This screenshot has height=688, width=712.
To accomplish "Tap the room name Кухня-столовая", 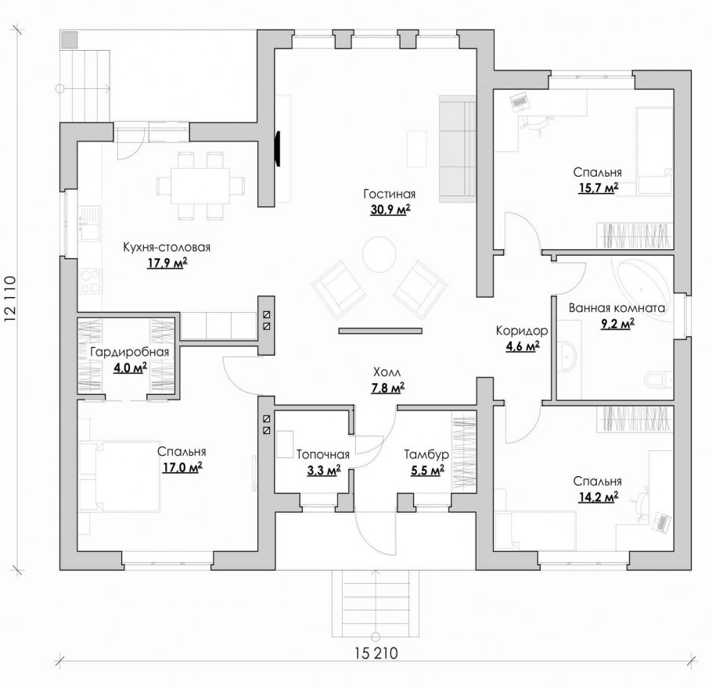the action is [x=167, y=247].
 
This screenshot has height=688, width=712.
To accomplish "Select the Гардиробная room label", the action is [x=130, y=352].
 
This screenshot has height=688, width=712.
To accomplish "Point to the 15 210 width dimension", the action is [x=376, y=654].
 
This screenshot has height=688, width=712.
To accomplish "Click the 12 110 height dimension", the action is [x=10, y=299].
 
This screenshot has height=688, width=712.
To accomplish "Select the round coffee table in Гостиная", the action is [x=379, y=254].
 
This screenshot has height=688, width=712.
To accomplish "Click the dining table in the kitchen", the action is [x=200, y=186].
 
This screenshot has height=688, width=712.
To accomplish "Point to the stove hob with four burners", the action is [x=90, y=281].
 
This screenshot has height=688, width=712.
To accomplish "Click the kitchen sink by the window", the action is [x=89, y=224].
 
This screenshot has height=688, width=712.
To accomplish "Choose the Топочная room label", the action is [x=323, y=455].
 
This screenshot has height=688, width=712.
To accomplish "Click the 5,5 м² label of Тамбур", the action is [x=428, y=471].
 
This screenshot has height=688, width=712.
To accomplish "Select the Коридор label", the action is [x=522, y=331].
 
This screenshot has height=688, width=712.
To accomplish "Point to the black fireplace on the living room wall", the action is [x=278, y=149].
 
